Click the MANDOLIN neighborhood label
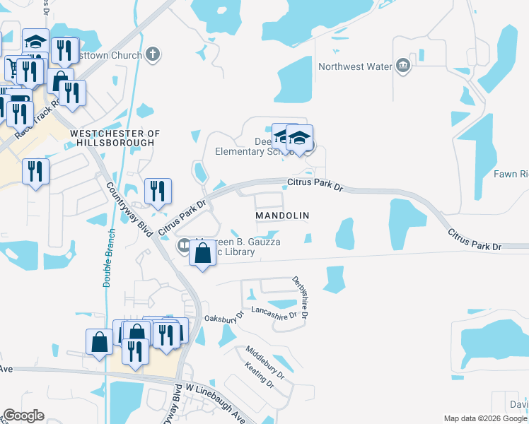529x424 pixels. [282, 214]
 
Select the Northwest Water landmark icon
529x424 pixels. [403, 66]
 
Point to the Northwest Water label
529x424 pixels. [354, 66]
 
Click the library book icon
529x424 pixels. [182, 245]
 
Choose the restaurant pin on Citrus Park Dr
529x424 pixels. [157, 190]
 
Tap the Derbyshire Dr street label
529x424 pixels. [299, 297]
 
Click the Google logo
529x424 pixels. [23, 416]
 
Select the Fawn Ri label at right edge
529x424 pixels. [510, 174]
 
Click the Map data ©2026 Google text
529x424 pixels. [484, 418]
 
